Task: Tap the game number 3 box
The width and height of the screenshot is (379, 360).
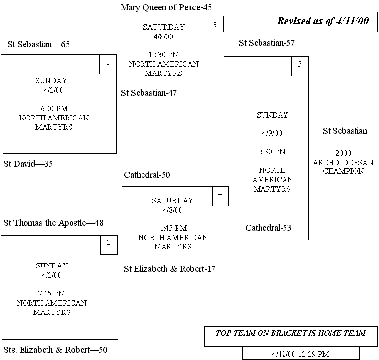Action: click(215, 24)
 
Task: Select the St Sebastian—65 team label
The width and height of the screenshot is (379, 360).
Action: click(39, 45)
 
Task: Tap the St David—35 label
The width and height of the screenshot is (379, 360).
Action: click(28, 164)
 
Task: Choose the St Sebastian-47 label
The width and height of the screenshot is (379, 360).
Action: click(149, 93)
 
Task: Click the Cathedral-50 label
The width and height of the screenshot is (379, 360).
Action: click(147, 175)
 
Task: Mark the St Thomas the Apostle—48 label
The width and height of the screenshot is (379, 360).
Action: click(53, 223)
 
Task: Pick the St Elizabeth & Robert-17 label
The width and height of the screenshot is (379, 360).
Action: click(169, 269)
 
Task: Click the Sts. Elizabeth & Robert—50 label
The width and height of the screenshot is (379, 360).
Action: click(55, 350)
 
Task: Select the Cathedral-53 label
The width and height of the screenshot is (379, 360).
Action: click(269, 228)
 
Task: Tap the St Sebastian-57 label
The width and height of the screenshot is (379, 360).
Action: click(267, 43)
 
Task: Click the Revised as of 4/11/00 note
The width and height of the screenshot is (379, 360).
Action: click(323, 21)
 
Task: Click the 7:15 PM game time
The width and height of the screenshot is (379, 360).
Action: click(51, 294)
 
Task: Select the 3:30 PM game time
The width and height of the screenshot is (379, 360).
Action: click(273, 152)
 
